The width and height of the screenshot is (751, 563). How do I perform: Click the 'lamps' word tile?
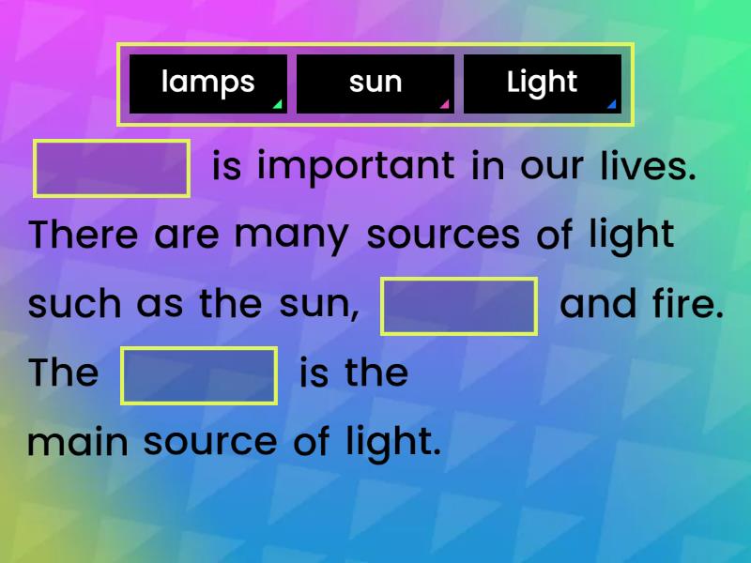pos(207,84)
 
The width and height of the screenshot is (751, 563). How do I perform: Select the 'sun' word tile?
pos(375,84)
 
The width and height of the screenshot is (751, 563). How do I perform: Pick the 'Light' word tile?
pos(542,84)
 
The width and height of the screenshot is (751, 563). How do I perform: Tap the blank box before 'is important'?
pos(112,168)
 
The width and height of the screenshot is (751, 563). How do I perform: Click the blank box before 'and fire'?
pos(459,306)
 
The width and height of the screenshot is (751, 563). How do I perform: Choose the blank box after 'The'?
pos(199,375)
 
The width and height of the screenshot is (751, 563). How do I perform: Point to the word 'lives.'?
pos(648,167)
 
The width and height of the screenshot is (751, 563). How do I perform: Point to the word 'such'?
pos(74,305)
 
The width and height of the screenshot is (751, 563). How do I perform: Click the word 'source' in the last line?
pos(210,443)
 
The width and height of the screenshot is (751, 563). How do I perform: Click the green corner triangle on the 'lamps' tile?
pos(277,105)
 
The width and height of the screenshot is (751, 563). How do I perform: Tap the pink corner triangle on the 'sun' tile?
pos(444,105)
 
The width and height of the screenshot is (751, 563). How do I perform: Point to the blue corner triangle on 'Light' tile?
pos(611,105)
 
